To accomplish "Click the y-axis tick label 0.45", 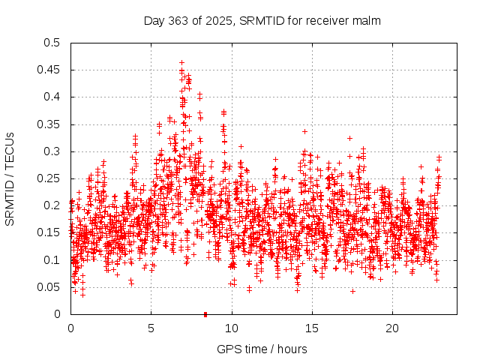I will [51, 70].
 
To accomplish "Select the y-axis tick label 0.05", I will [51, 287].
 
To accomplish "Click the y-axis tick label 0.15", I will [51, 233].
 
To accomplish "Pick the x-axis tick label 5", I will [151, 328].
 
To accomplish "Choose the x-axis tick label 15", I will [311, 328].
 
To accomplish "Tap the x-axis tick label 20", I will [391, 328].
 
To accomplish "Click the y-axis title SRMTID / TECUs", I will [10, 178].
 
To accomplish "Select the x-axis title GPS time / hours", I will [262, 349].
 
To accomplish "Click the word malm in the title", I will [367, 21].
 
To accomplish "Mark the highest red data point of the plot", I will [181, 63].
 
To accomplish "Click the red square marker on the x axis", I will [205, 314].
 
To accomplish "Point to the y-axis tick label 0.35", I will [51, 124].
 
